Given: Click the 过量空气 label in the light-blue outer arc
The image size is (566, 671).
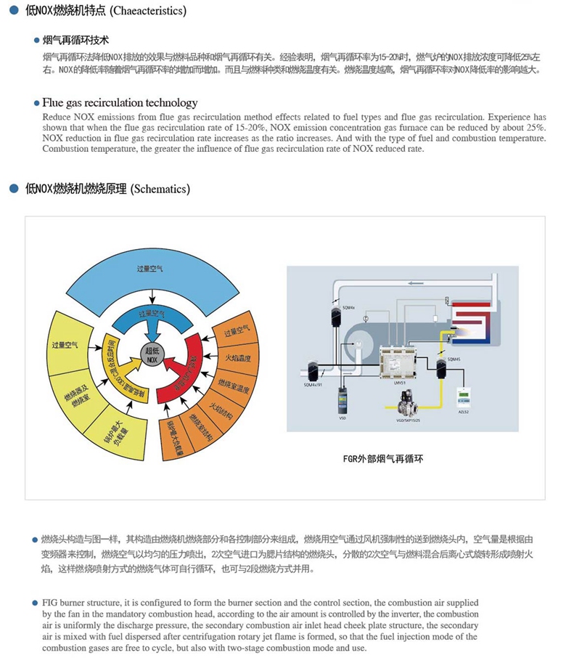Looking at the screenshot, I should coord(150,269).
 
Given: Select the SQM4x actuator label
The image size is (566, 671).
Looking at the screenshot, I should coord(348,308).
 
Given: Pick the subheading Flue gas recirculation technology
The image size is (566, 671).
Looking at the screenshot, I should coord(120,103).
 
